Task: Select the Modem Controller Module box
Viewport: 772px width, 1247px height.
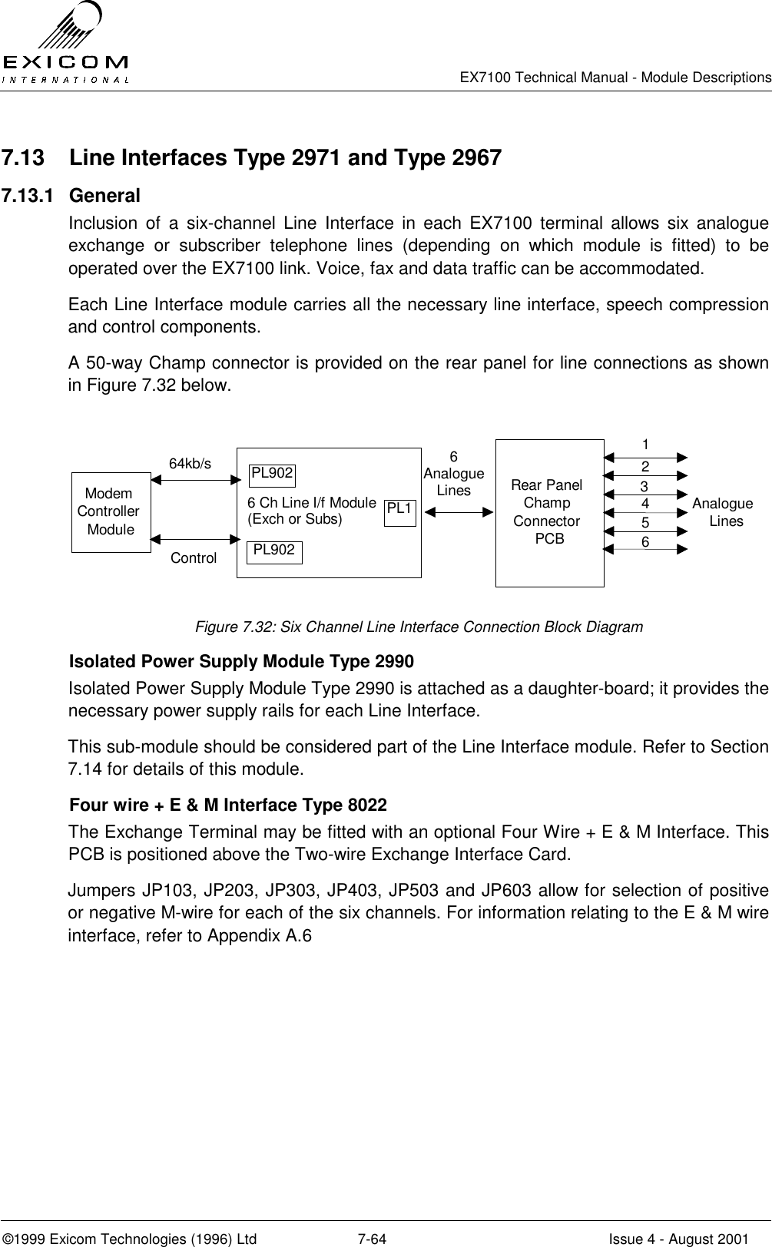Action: pos(110,511)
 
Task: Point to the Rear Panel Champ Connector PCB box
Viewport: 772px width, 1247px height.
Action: pos(548,512)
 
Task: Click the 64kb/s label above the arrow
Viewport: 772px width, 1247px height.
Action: pos(190,464)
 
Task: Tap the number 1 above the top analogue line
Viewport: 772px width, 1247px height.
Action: pos(646,445)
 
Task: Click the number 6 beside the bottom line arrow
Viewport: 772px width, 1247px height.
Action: pos(645,541)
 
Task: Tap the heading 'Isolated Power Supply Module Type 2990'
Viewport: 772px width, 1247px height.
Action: pos(241,661)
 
